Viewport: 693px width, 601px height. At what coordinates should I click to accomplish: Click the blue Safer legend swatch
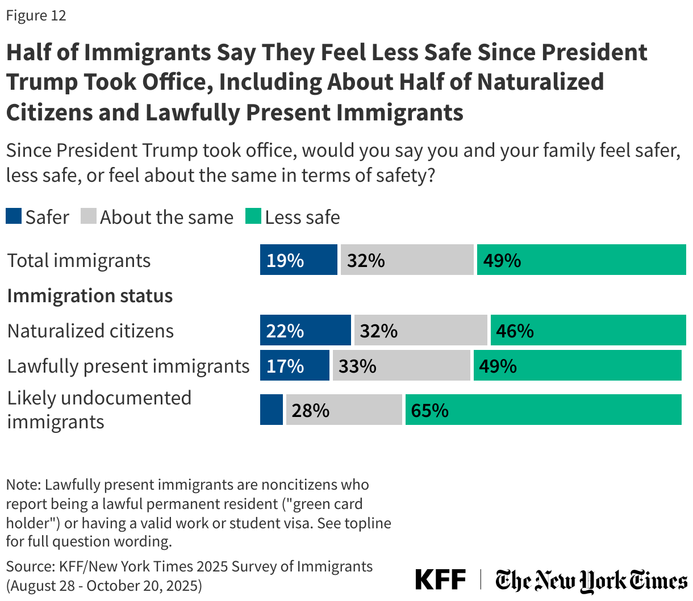(14, 216)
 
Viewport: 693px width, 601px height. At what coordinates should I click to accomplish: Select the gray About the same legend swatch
(89, 216)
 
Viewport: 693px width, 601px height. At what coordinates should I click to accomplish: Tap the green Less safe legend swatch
(253, 216)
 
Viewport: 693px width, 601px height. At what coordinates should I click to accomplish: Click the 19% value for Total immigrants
(285, 261)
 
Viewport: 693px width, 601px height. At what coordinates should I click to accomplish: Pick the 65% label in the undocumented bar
(430, 410)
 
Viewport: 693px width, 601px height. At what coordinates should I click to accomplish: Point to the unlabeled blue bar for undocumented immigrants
(272, 410)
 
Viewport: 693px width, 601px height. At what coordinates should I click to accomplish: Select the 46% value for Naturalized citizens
(515, 331)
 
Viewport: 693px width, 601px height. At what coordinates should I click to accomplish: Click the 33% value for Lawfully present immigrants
(357, 366)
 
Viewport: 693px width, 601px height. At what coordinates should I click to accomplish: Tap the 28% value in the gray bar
(310, 410)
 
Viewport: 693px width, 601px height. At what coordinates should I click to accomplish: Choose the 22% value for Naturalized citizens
(285, 331)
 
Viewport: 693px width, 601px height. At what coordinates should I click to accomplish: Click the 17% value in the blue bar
(285, 366)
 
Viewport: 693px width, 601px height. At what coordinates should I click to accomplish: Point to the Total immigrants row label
(79, 261)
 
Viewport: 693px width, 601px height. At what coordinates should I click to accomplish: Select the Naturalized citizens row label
(90, 331)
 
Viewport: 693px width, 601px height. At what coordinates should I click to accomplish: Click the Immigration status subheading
(90, 296)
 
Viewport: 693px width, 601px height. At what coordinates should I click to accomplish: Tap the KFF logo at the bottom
(440, 580)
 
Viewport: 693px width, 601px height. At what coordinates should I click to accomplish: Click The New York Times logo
(591, 581)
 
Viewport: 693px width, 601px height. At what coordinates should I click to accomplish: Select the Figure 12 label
(36, 15)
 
